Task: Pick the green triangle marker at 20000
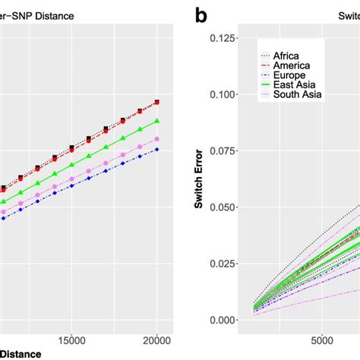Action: pyautogui.click(x=157, y=122)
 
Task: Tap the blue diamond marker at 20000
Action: pyautogui.click(x=157, y=150)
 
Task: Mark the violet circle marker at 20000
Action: pyautogui.click(x=157, y=139)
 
